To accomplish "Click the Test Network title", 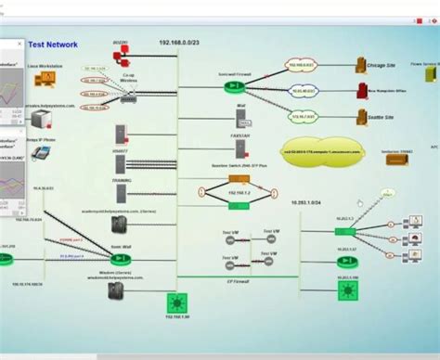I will point(53,44).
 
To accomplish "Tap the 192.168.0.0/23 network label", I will point(178,43).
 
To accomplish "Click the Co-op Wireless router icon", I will point(128,86).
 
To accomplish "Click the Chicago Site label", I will point(387,67).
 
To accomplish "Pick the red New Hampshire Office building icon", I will point(362,91).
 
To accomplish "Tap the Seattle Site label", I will point(387,118).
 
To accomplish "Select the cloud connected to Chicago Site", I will point(302,66).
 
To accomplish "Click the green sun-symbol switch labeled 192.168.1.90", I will point(174,302).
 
